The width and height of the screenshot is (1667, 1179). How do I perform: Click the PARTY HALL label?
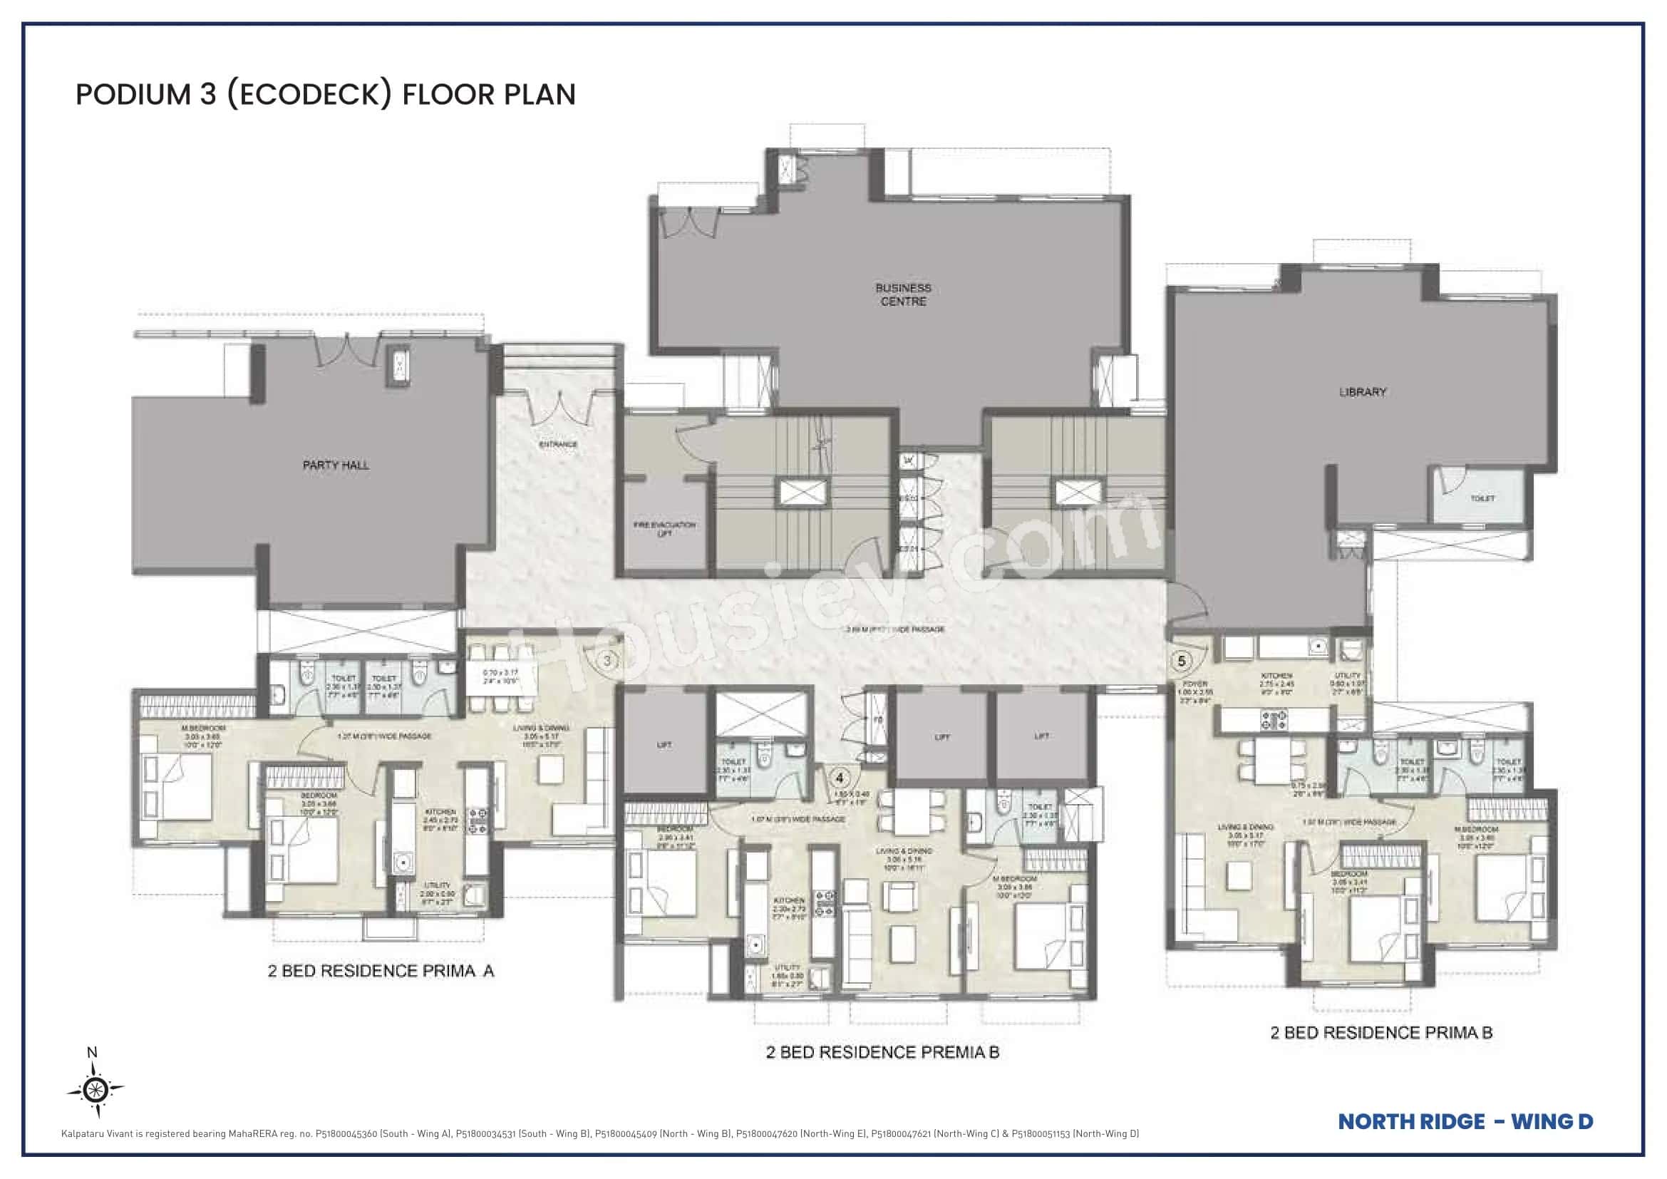coord(336,465)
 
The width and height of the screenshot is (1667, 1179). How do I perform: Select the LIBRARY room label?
coord(1362,392)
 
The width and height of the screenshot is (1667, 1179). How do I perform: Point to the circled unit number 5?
coord(1182,661)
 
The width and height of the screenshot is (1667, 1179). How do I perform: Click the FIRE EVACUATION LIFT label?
coord(664,528)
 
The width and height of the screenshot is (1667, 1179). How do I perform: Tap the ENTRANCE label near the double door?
coord(557,444)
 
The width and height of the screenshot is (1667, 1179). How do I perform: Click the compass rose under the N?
coord(95,1089)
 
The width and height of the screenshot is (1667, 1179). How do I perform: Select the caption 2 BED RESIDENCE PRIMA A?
coord(381,972)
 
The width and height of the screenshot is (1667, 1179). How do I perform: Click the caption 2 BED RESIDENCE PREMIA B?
coord(882,1053)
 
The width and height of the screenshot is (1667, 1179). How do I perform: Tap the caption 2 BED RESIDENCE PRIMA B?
coord(1381,1033)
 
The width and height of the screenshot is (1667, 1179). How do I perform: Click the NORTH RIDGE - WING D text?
coord(1465,1122)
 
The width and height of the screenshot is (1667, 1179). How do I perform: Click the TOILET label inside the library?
coord(1482,499)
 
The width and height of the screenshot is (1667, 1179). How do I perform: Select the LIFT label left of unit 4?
coord(664,745)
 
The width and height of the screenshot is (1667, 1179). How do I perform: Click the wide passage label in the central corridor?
coord(894,629)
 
